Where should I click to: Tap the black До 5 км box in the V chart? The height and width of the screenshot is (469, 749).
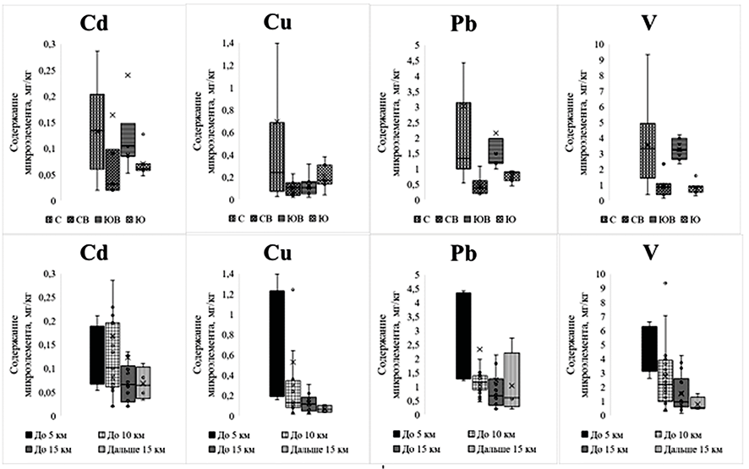click(x=649, y=348)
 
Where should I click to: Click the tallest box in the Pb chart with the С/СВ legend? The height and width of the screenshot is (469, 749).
click(x=463, y=135)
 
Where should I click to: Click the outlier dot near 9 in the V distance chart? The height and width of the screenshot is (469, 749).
click(x=665, y=283)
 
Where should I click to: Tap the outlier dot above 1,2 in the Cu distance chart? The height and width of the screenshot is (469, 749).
click(x=292, y=289)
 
